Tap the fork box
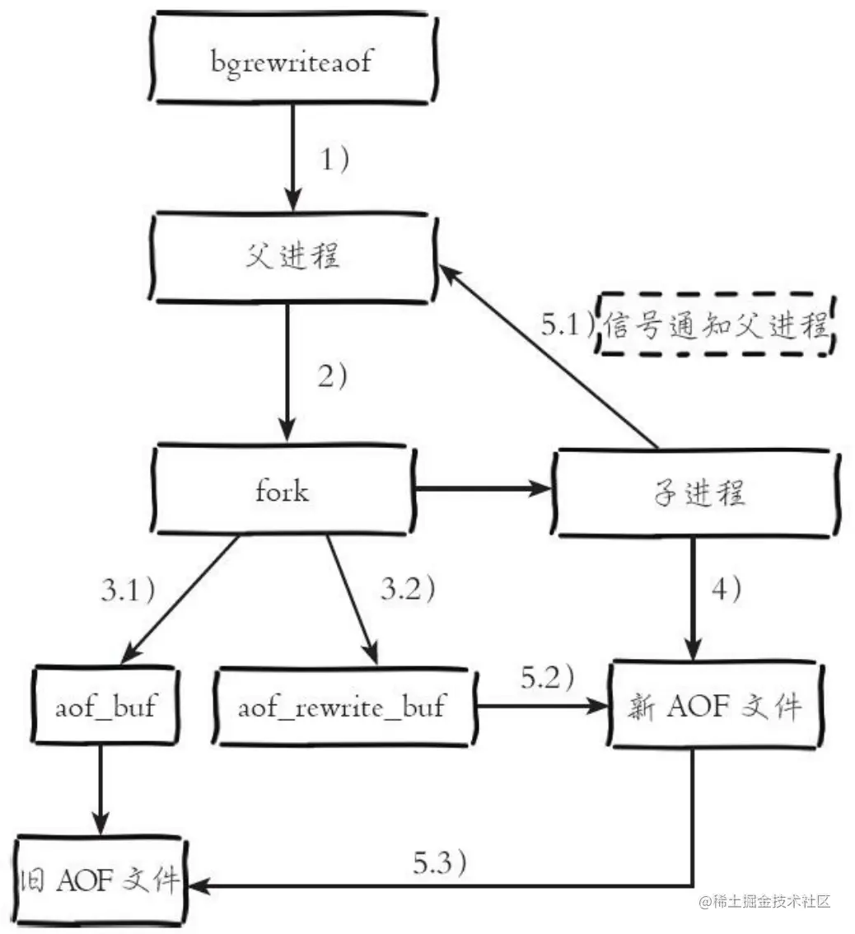click(x=282, y=492)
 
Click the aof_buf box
click(x=105, y=706)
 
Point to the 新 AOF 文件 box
click(x=716, y=706)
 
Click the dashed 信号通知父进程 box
click(x=714, y=326)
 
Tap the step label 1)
click(x=334, y=159)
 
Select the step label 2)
click(x=334, y=376)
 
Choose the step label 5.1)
click(x=568, y=325)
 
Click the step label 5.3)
click(x=442, y=863)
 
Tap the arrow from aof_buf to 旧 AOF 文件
click(x=100, y=790)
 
